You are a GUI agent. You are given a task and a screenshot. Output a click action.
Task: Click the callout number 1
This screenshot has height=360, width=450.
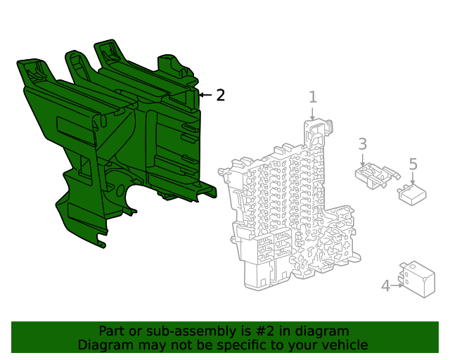coord(313,98)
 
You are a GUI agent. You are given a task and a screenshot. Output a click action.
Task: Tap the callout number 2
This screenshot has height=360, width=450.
coord(220,95)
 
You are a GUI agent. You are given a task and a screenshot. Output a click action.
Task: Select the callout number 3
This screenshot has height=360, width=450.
coord(362,144)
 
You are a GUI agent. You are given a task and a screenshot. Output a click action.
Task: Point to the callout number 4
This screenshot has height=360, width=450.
coord(385,285)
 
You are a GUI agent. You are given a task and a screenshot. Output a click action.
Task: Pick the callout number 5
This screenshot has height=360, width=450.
coord(413,164)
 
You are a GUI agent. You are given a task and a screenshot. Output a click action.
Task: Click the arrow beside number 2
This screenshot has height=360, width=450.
coord(205,95)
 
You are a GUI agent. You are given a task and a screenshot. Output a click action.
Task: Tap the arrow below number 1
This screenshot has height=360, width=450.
coord(313,114)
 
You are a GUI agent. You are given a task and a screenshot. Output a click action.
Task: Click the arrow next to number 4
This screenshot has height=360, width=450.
coord(397,285)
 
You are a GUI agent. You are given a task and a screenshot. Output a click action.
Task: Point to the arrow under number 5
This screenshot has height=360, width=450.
coord(413,179)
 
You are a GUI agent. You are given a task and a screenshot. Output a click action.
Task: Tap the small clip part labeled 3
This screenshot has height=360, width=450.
coord(372,176)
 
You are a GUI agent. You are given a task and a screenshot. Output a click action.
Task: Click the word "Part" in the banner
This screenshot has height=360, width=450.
coord(112,331)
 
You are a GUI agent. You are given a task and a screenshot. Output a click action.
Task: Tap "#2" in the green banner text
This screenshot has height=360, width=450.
coord(261,331)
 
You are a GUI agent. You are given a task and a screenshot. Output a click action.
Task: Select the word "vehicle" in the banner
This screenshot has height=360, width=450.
coord(343,345)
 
